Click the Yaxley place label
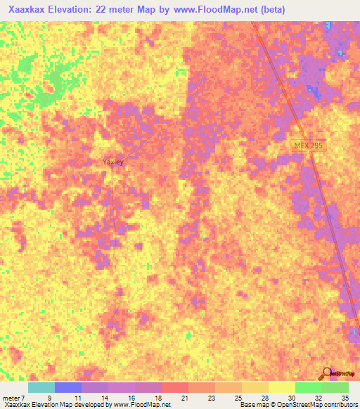[x=113, y=162]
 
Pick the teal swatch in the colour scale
[x=41, y=387]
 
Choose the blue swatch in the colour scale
[x=68, y=387]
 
